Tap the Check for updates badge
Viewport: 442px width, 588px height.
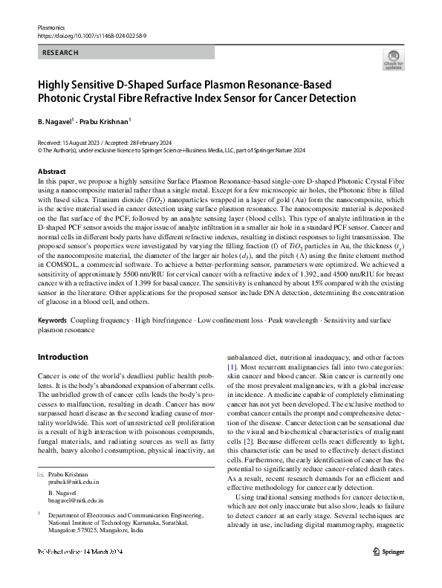coord(393,60)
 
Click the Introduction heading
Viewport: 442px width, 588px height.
coord(62,357)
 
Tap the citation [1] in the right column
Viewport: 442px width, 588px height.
coord(232,366)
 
